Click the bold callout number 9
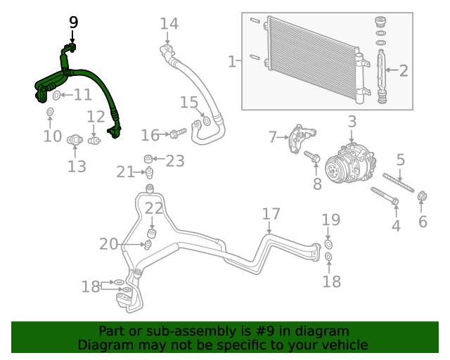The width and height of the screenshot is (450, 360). click(74, 22)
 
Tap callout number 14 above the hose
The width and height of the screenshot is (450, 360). click(169, 24)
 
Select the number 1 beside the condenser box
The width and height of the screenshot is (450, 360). click(232, 62)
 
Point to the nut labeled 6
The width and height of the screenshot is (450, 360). click(423, 196)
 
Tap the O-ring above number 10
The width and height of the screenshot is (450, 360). click(51, 112)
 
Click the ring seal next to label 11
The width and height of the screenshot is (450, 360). click(56, 95)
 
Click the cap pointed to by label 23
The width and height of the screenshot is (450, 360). click(148, 157)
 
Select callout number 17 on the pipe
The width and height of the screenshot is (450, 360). click(271, 214)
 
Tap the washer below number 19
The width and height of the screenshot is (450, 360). click(328, 245)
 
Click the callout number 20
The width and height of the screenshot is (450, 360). click(108, 244)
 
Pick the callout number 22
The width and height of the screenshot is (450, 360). click(154, 207)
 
